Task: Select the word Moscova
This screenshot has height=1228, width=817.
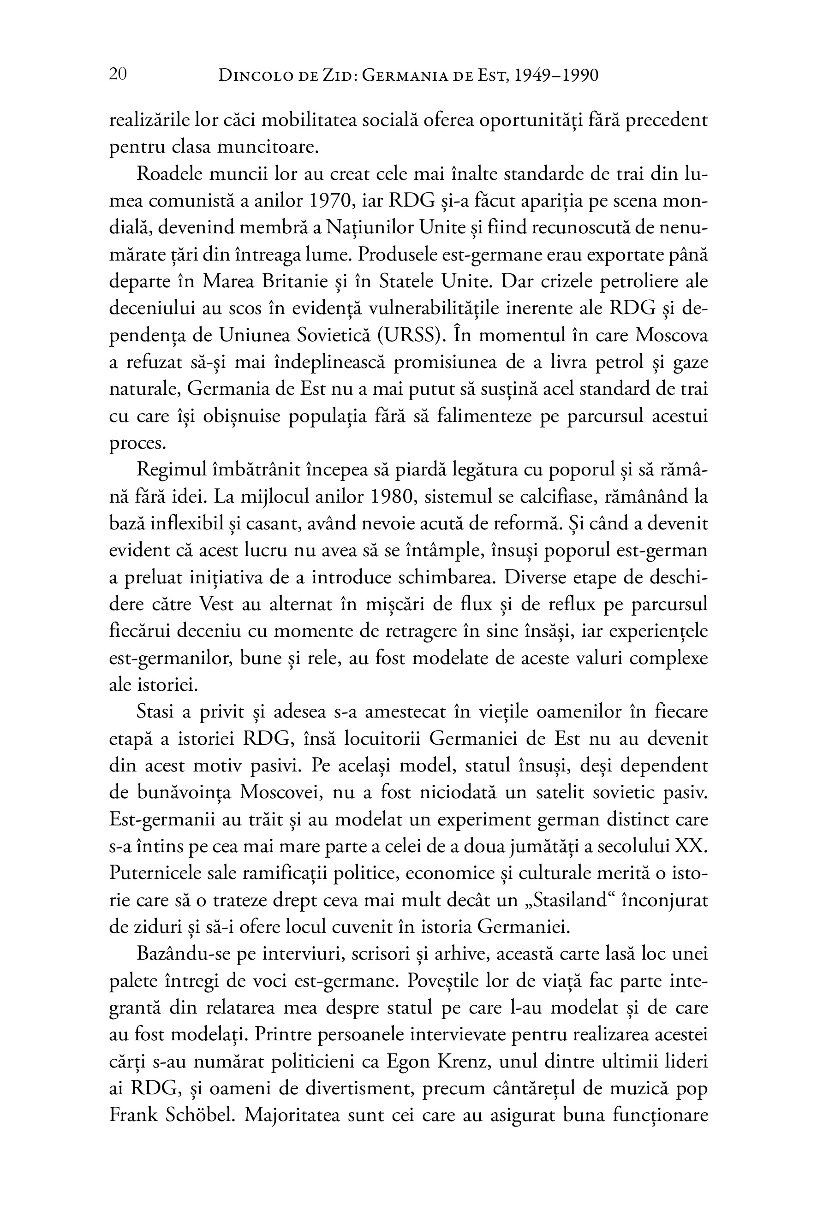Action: coord(672,335)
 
